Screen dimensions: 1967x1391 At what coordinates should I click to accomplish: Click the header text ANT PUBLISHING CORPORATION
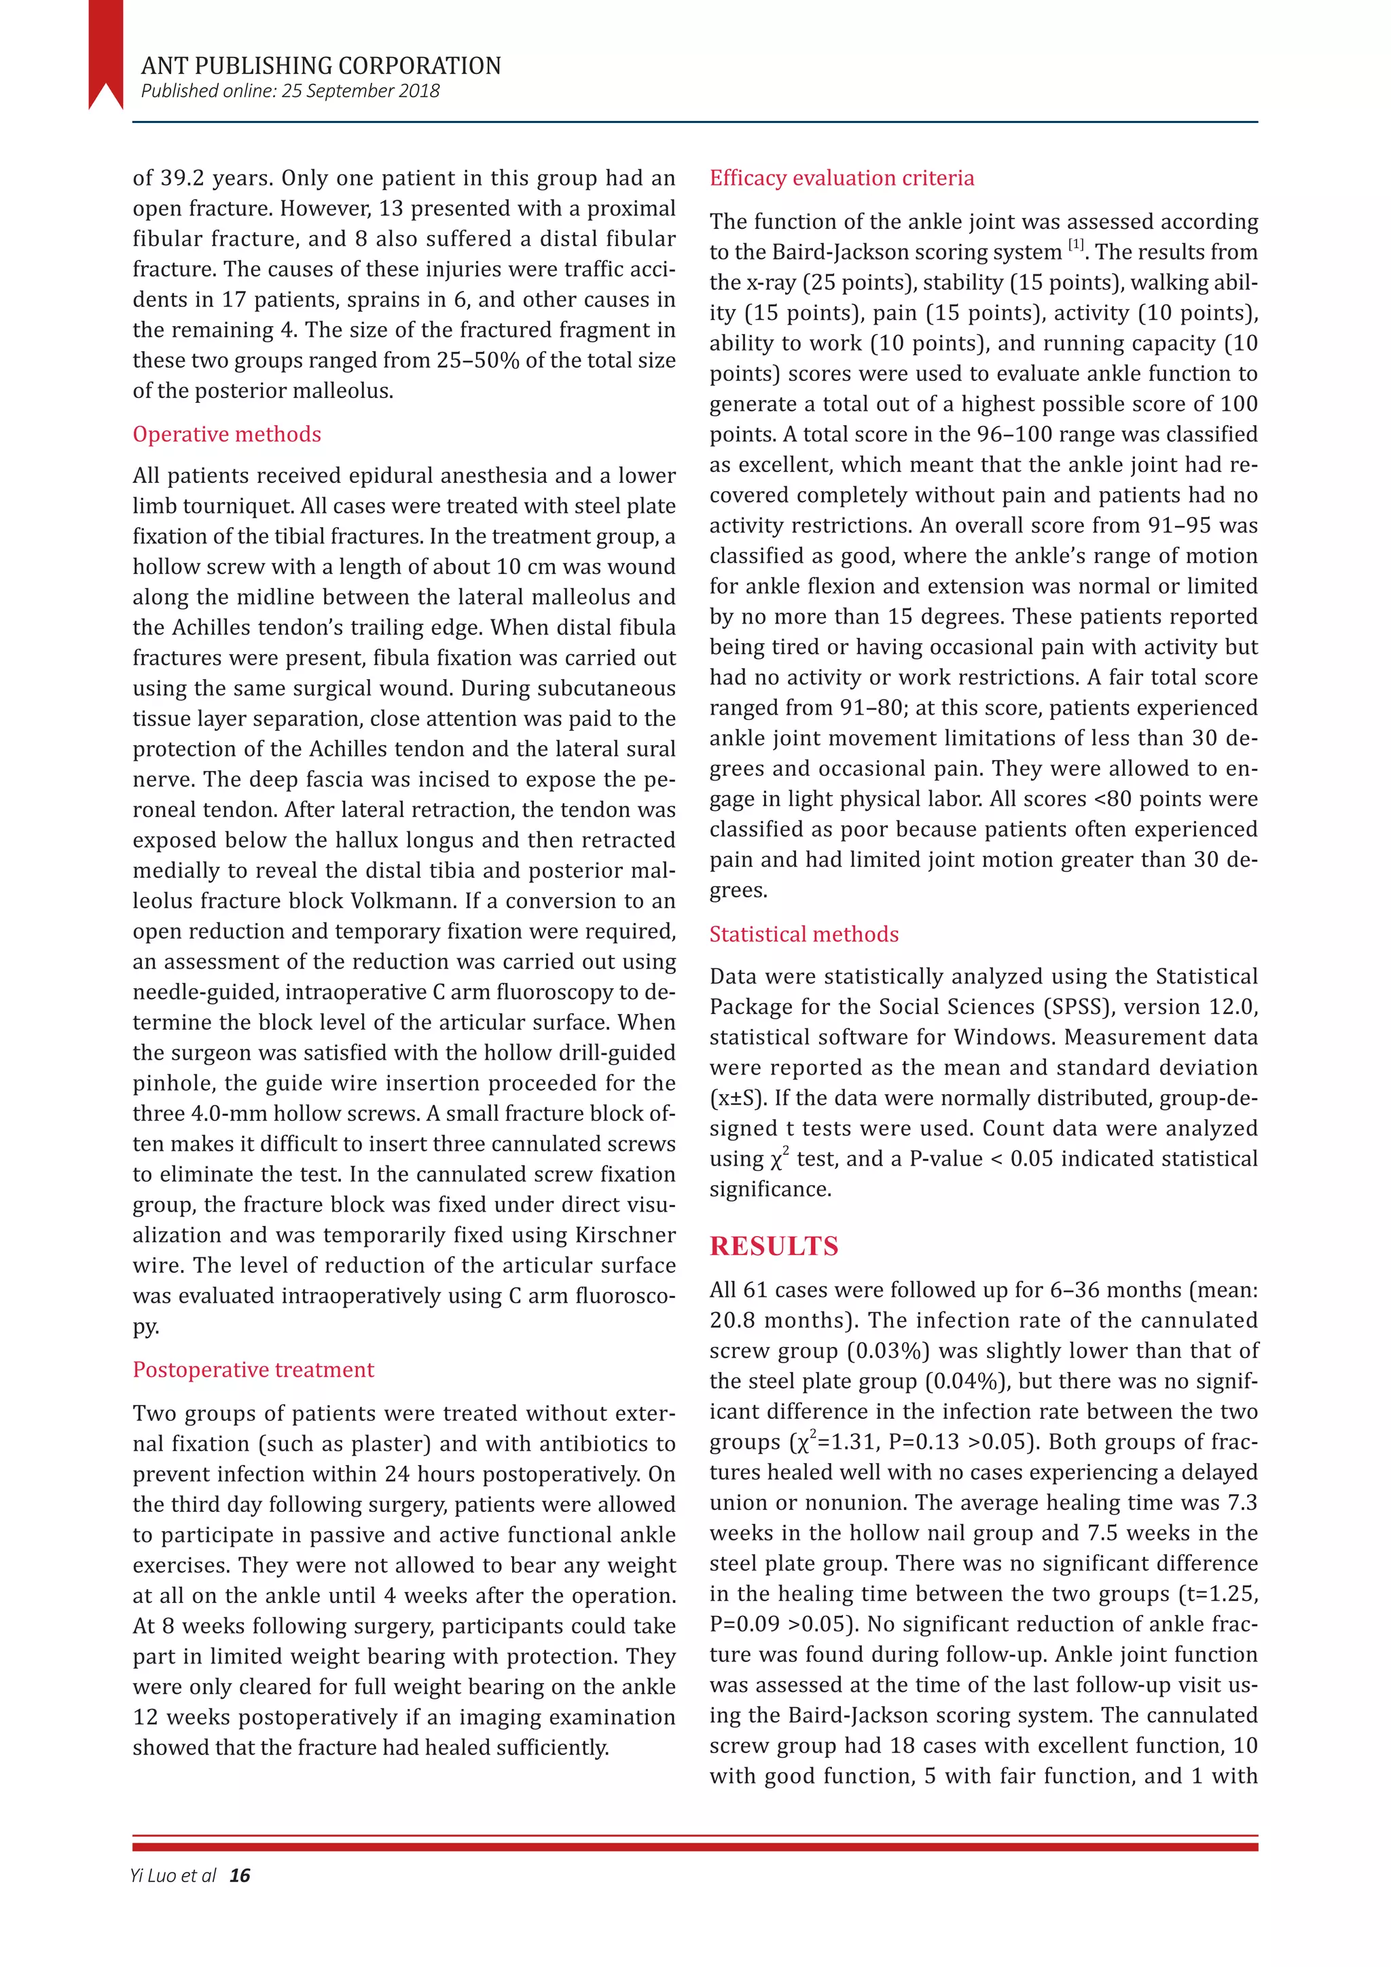321,66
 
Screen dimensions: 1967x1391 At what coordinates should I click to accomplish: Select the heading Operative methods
226,434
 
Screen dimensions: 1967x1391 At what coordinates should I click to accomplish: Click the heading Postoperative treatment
253,1369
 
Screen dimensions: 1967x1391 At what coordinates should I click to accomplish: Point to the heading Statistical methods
803,934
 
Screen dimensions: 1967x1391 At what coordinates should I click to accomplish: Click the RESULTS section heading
774,1246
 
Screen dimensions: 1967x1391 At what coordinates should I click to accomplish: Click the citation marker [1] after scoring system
1076,245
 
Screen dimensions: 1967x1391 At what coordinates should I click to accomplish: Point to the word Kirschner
624,1235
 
